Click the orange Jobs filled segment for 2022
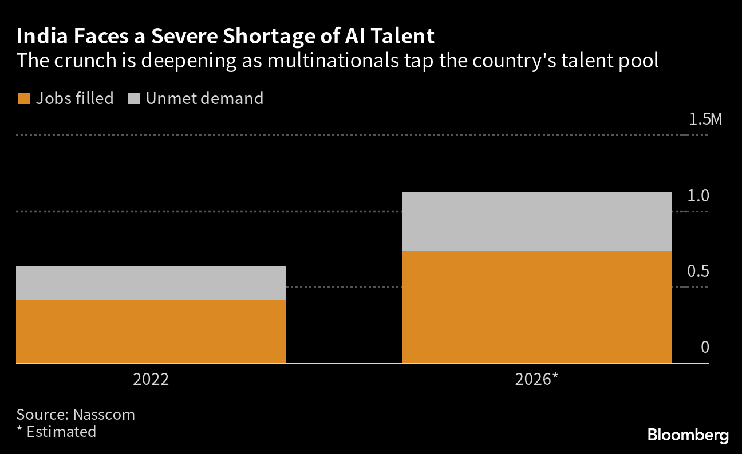pyautogui.click(x=151, y=332)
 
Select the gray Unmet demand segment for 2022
pyautogui.click(x=151, y=283)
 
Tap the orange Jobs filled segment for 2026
pyautogui.click(x=536, y=307)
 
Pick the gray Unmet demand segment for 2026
pyautogui.click(x=536, y=221)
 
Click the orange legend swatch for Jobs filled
pyautogui.click(x=23, y=99)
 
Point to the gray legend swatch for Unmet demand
pyautogui.click(x=133, y=99)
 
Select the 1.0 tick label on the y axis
pyautogui.click(x=698, y=196)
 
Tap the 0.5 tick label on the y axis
pyautogui.click(x=698, y=271)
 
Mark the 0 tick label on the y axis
pyautogui.click(x=705, y=347)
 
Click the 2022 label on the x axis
pyautogui.click(x=151, y=380)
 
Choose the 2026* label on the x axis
pyautogui.click(x=537, y=380)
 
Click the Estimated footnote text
pyautogui.click(x=61, y=431)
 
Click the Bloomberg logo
pyautogui.click(x=688, y=435)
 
